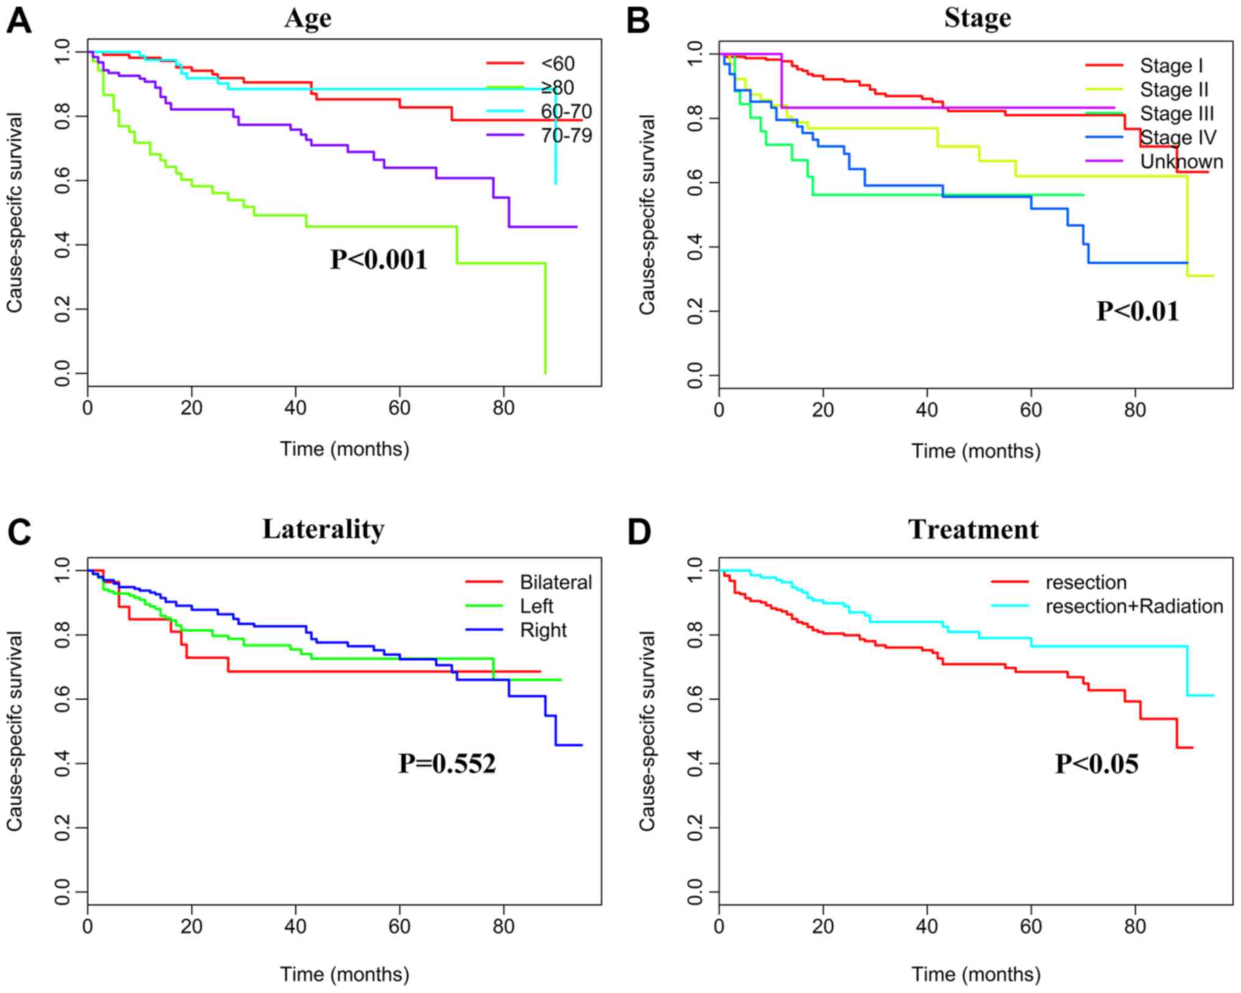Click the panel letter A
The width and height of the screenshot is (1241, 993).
pos(18,22)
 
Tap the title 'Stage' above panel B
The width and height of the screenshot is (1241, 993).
pos(977,17)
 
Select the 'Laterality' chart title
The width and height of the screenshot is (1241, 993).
pos(323,529)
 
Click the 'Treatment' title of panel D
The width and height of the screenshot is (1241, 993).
pos(973,529)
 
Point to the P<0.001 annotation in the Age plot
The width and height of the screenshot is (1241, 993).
pos(379,259)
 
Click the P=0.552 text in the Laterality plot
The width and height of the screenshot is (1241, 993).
pos(447,763)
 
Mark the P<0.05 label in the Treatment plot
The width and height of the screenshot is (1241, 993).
pos(1097,763)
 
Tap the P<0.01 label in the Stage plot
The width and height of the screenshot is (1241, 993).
pos(1137,311)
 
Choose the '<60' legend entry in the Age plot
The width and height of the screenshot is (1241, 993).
pos(557,64)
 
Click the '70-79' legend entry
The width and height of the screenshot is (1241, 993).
pos(566,135)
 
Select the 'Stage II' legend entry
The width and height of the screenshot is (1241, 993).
pos(1174,90)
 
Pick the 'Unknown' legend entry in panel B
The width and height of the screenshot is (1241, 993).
pos(1181,161)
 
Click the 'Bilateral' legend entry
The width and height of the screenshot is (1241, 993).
pos(555,582)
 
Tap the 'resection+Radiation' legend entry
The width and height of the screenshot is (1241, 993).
pos(1134,606)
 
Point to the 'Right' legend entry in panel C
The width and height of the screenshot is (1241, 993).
pos(543,630)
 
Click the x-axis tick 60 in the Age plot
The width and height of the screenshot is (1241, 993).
pos(400,408)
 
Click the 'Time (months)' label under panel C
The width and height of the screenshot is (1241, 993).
pos(345,974)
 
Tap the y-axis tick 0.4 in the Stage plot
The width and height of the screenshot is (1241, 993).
pos(695,247)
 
